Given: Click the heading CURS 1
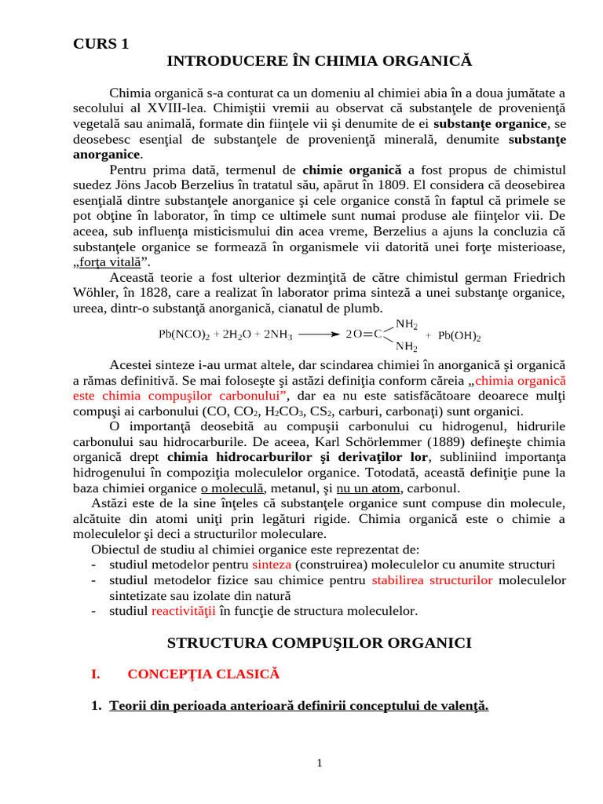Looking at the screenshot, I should click(x=100, y=44).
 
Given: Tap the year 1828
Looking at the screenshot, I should click(x=165, y=293).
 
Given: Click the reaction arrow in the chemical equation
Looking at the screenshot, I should click(x=319, y=333).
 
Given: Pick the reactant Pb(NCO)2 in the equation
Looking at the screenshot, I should click(x=184, y=334).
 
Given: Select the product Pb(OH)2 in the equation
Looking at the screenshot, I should click(x=459, y=336).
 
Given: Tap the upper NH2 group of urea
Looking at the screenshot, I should click(x=406, y=323).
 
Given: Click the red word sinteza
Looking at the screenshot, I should click(x=272, y=565).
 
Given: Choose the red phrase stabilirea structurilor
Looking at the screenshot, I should click(x=433, y=579).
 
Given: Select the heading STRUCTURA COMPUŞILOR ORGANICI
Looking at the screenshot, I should click(x=320, y=643).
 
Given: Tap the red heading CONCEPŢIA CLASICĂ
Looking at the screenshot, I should click(x=203, y=674).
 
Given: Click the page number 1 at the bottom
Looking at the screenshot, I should click(x=320, y=763).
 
